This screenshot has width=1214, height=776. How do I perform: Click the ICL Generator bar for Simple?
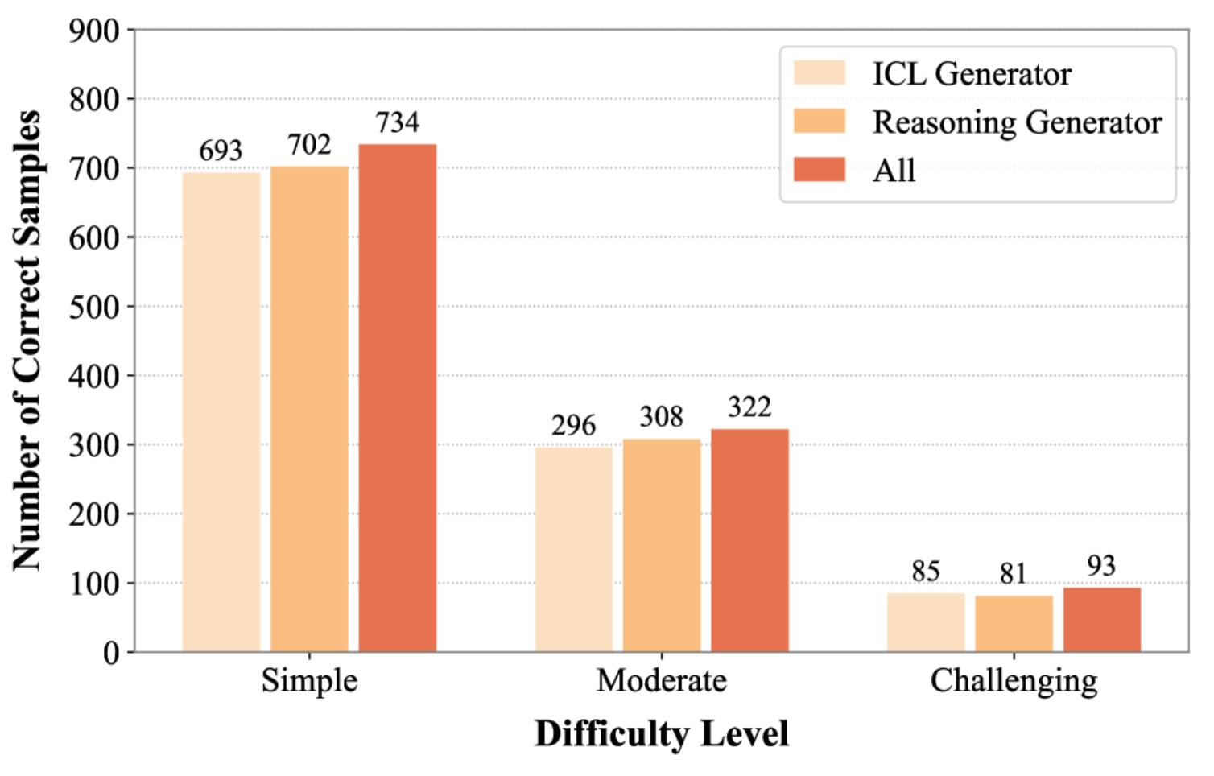[x=221, y=411]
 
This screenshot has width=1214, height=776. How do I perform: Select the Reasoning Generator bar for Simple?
[x=309, y=408]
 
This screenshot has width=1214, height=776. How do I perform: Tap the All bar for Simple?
[x=398, y=398]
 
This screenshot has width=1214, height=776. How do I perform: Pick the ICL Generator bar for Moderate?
[x=573, y=549]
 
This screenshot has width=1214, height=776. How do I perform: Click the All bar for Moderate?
[x=749, y=540]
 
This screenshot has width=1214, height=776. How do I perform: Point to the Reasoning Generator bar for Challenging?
[x=1014, y=624]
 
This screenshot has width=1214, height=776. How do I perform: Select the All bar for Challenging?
[x=1101, y=620]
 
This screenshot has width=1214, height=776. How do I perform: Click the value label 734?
[x=398, y=122]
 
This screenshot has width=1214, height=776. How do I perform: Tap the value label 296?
[x=573, y=425]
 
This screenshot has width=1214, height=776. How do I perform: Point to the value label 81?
[x=1014, y=574]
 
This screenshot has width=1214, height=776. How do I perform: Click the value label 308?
[x=661, y=417]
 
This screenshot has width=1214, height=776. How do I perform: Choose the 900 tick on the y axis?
[x=94, y=31]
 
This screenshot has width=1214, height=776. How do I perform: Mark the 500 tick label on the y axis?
[x=94, y=307]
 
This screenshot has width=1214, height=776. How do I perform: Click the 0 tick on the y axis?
[x=111, y=653]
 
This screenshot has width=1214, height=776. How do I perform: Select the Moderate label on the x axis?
[x=661, y=681]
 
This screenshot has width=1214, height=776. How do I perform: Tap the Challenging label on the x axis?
[x=1014, y=681]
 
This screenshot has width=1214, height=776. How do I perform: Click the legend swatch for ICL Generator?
[x=819, y=73]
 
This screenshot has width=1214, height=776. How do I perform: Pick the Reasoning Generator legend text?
[x=1018, y=122]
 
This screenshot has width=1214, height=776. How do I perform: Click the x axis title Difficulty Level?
[x=661, y=734]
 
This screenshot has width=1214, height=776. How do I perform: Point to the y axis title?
[x=27, y=341]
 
